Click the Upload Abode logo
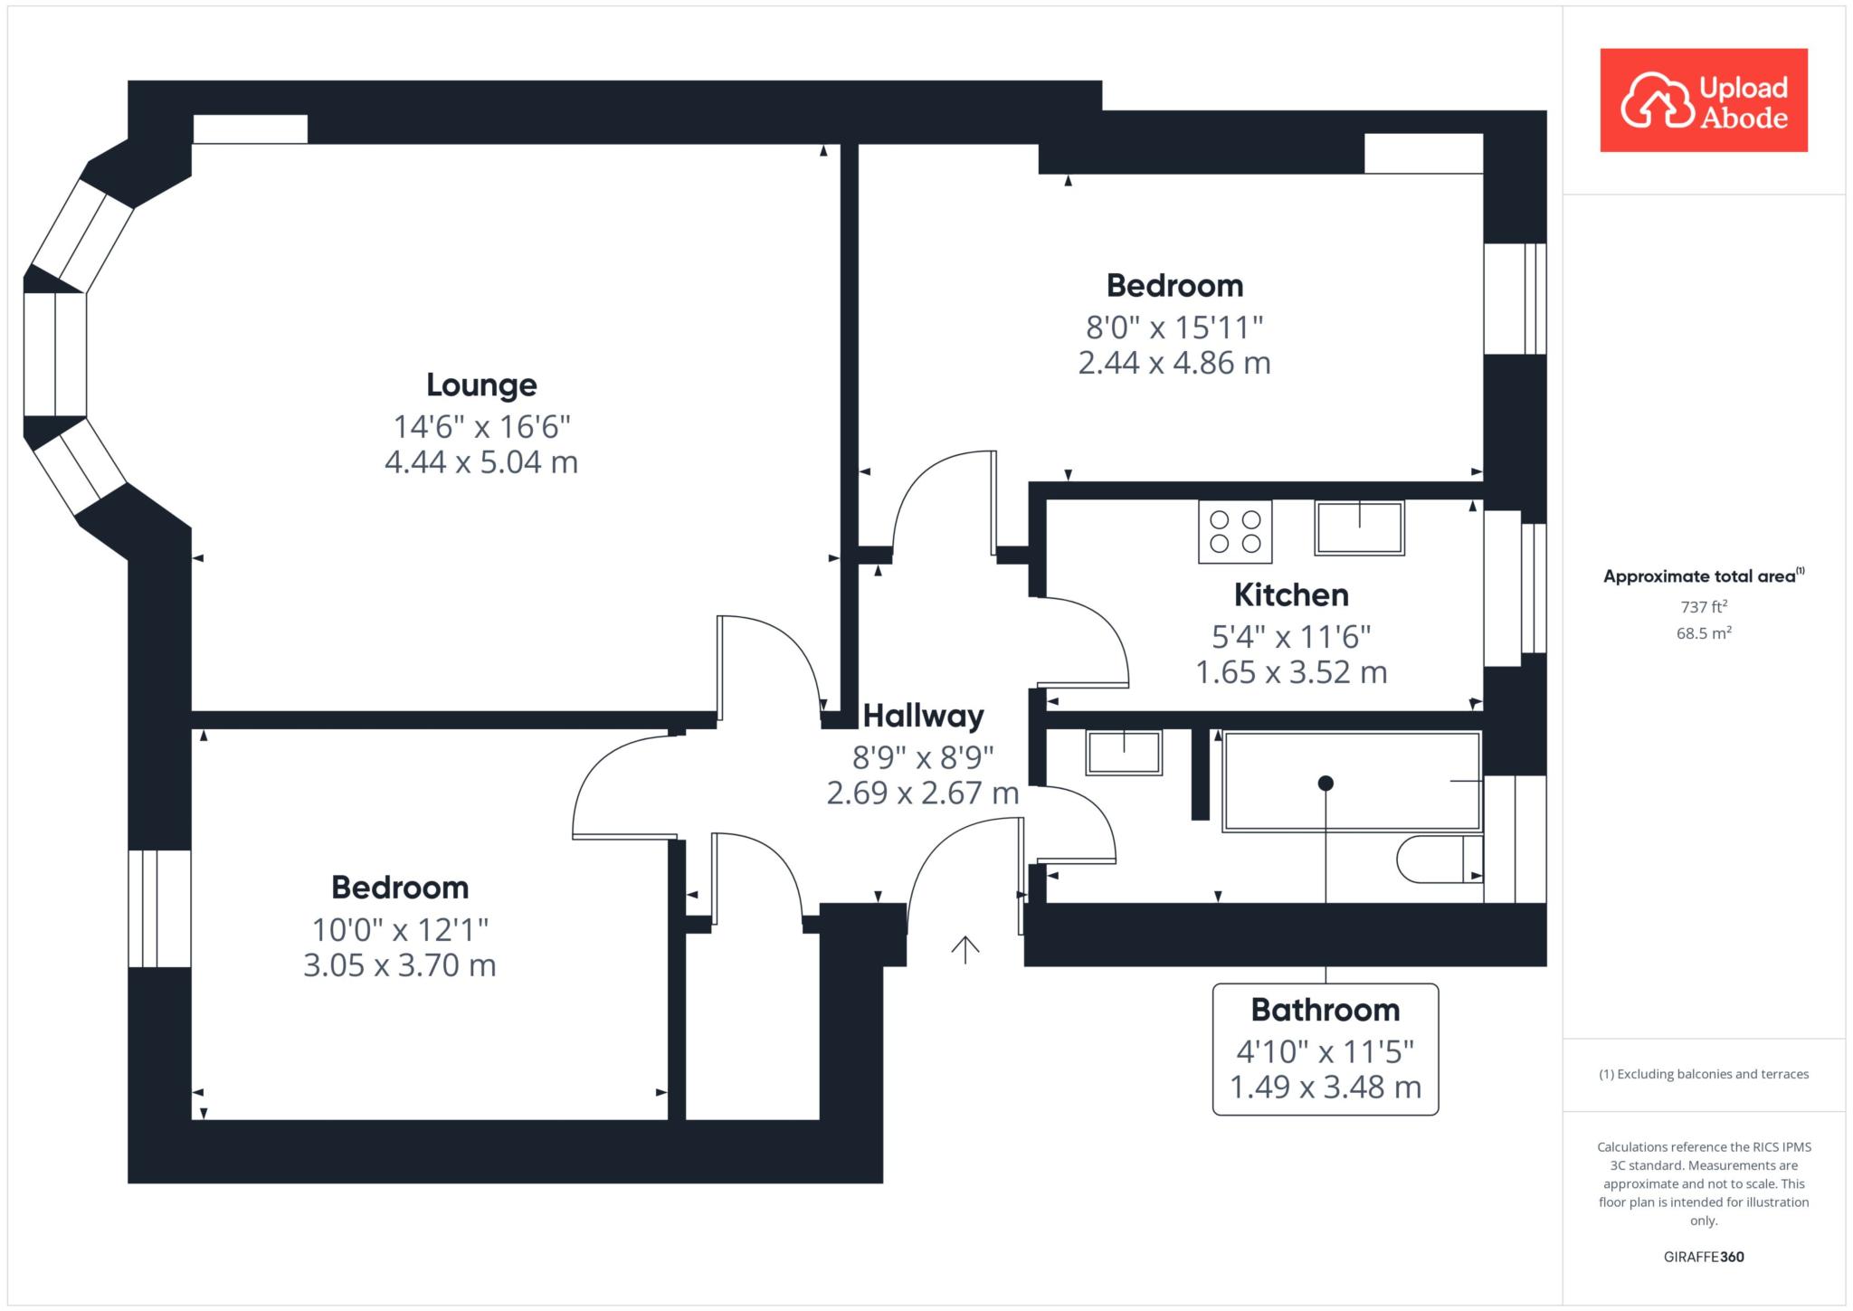coord(1704,100)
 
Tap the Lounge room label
coord(481,385)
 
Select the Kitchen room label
coord(1291,595)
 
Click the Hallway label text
coord(923,717)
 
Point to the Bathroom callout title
coord(1326,1010)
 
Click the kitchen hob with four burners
coord(1235,532)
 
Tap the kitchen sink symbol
coord(1359,528)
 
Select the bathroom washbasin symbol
coord(1124,753)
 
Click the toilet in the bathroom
coord(1440,859)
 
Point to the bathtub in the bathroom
coord(1351,782)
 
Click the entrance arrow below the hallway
coord(965,949)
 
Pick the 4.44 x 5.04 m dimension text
coord(481,462)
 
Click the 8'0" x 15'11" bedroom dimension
coord(1174,326)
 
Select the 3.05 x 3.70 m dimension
coord(400,965)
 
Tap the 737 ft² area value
coord(1704,607)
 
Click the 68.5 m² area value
coord(1704,633)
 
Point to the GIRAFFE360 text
coord(1704,1257)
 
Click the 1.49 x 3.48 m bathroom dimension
coord(1326,1087)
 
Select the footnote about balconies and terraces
coord(1704,1074)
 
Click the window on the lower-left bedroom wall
coord(159,908)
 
